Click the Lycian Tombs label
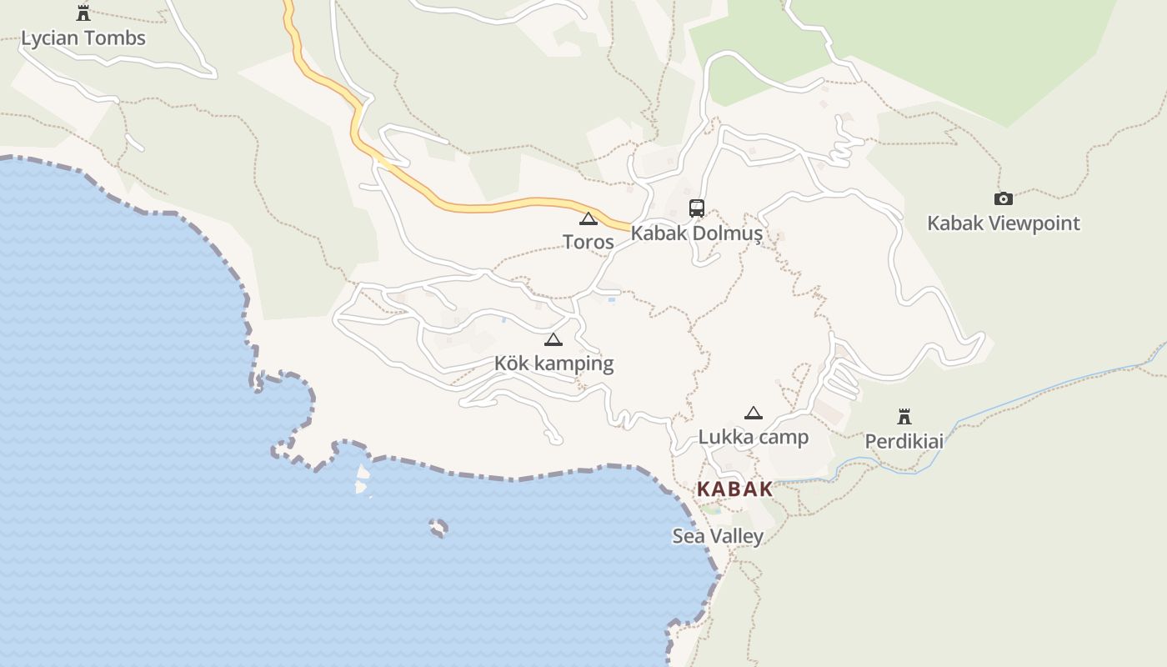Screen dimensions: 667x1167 pyautogui.click(x=83, y=38)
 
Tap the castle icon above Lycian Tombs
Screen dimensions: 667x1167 pyautogui.click(x=83, y=13)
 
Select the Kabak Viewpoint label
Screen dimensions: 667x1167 pyautogui.click(x=1004, y=223)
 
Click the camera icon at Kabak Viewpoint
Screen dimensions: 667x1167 pyautogui.click(x=1004, y=198)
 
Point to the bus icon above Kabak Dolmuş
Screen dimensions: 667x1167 pyautogui.click(x=697, y=208)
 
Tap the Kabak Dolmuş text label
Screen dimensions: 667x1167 pyautogui.click(x=696, y=233)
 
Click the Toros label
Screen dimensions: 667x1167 pyautogui.click(x=589, y=243)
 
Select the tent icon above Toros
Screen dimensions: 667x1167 pyautogui.click(x=589, y=219)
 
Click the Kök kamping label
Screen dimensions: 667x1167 pyautogui.click(x=553, y=364)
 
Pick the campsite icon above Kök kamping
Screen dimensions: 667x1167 pyautogui.click(x=553, y=339)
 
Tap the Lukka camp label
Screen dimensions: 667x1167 pyautogui.click(x=753, y=437)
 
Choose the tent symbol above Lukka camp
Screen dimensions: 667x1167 pyautogui.click(x=754, y=413)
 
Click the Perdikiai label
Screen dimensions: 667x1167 pyautogui.click(x=904, y=441)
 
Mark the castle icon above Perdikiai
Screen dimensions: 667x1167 pyautogui.click(x=904, y=416)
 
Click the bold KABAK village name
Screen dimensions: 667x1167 pyautogui.click(x=735, y=489)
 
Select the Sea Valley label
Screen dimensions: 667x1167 pyautogui.click(x=718, y=536)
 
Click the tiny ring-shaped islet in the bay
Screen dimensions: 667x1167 pyautogui.click(x=438, y=527)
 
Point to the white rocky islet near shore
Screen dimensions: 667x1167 pyautogui.click(x=363, y=479)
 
